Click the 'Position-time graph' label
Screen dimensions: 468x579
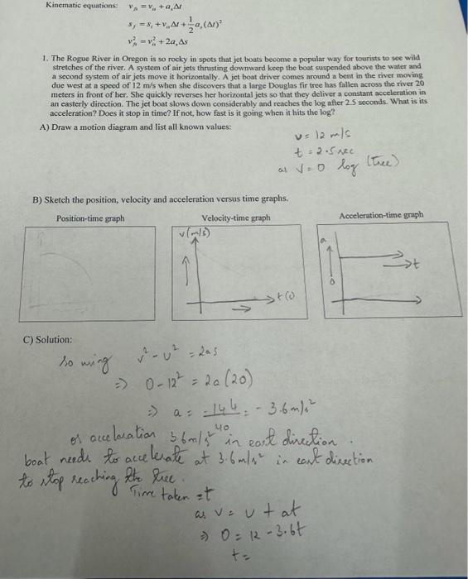point(90,218)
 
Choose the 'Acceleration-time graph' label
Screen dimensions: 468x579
point(380,215)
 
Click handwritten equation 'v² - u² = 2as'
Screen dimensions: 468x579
point(184,361)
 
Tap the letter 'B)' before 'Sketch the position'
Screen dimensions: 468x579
point(37,199)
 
